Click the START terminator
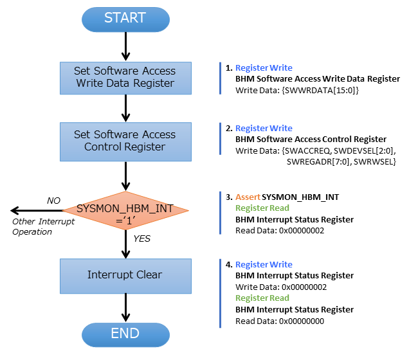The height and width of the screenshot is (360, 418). click(125, 18)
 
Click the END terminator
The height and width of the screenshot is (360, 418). click(125, 334)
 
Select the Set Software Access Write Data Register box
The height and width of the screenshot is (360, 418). click(125, 77)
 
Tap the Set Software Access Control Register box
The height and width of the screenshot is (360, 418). click(125, 141)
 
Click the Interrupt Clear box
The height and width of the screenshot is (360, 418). click(125, 275)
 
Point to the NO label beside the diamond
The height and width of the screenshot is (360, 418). click(54, 201)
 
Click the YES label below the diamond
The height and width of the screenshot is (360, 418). click(142, 238)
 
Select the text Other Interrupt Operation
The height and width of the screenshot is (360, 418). click(43, 226)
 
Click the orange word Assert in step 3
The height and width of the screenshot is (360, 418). click(248, 197)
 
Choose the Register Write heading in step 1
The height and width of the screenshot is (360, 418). click(264, 67)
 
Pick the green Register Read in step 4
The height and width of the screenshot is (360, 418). click(262, 298)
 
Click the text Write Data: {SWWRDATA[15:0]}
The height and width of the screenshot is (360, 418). click(297, 91)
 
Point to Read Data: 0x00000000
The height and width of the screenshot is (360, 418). click(280, 321)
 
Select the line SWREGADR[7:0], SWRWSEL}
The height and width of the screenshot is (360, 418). click(341, 163)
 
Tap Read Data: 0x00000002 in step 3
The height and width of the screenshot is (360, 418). click(280, 231)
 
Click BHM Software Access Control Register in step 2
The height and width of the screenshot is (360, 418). click(311, 139)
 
